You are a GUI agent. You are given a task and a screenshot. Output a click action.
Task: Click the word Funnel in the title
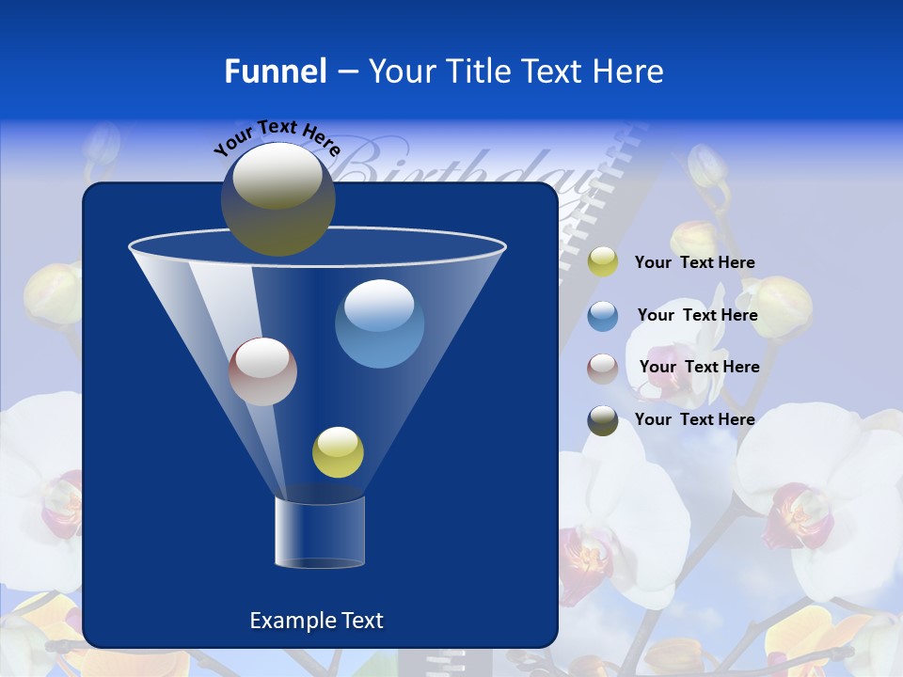coord(275,71)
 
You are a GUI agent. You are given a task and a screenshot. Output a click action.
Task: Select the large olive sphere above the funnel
coord(277,198)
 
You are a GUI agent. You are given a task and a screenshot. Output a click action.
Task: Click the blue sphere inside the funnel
coord(379,323)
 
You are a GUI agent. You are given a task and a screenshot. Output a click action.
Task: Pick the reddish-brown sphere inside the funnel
coord(262,371)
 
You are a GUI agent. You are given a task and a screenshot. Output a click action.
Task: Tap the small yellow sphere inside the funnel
coord(338,451)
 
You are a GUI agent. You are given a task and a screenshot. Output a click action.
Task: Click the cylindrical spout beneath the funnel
coord(320,531)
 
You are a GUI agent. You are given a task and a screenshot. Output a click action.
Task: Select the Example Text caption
coord(316,621)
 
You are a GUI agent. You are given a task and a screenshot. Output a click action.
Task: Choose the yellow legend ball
coord(603,262)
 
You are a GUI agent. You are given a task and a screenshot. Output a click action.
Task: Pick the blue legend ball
coord(603,316)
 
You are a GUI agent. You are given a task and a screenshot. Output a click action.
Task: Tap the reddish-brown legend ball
coord(603,369)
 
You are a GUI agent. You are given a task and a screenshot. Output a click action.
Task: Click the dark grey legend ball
coord(603,420)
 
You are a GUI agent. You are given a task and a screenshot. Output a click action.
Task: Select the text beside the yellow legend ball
coord(694,263)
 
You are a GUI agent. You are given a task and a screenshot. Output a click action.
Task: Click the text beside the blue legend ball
coord(697,316)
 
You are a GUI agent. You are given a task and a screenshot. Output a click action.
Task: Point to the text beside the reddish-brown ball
coord(699,368)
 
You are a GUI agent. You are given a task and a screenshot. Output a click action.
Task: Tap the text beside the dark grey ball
coord(694,419)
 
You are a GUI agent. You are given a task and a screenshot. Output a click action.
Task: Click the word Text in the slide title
coord(555,71)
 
